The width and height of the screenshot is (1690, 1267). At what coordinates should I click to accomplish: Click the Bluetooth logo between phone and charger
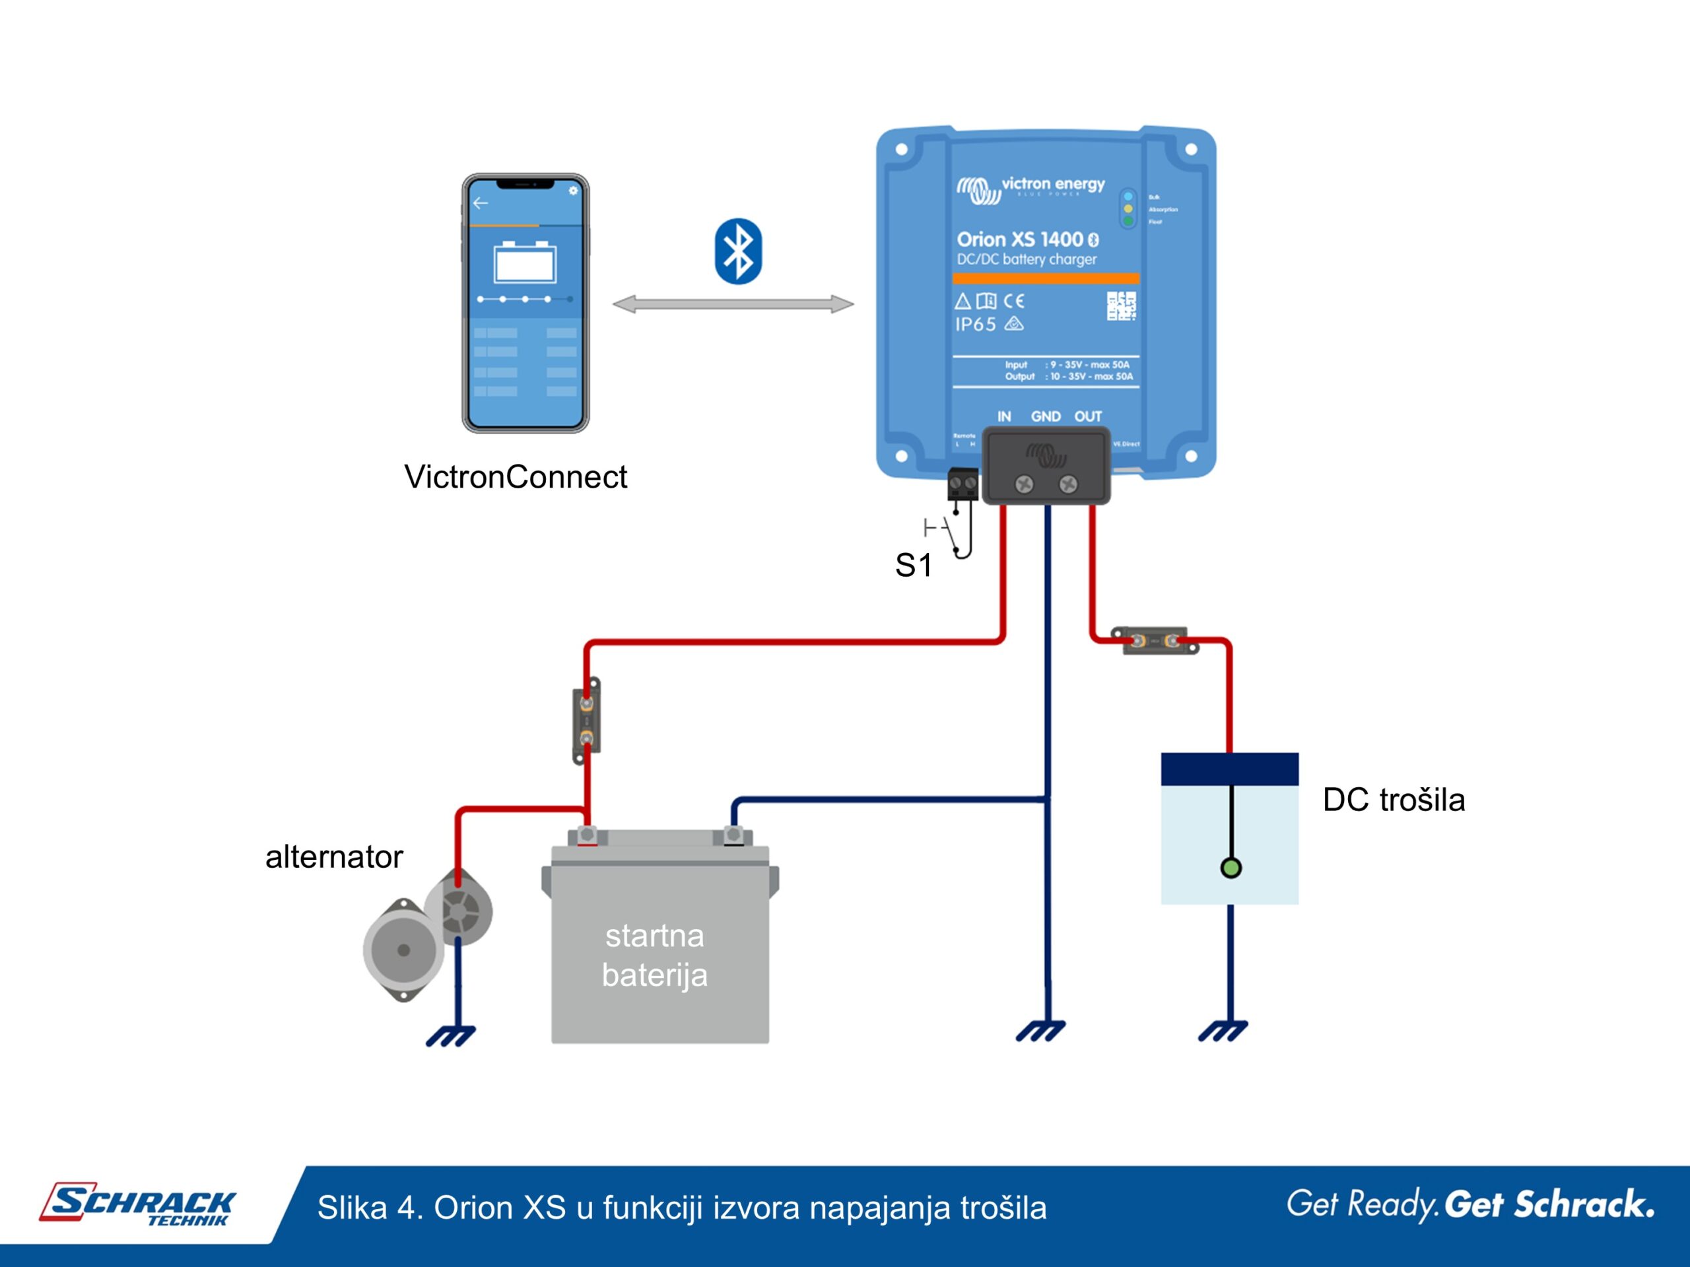738,251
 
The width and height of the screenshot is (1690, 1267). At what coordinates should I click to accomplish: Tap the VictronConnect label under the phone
515,477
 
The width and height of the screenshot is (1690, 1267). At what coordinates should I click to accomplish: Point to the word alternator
334,857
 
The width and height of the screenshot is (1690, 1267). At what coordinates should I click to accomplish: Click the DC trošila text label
1394,800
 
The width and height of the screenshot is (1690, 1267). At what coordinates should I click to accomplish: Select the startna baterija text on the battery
655,956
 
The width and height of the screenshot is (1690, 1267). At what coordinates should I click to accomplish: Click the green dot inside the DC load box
1231,868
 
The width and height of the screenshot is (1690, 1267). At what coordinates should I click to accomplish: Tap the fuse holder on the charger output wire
1155,641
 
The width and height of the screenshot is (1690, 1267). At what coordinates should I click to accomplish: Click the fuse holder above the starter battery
586,720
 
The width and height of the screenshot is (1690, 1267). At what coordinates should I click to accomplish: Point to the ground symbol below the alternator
451,1035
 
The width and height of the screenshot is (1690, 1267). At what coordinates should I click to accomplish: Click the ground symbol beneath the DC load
1223,1031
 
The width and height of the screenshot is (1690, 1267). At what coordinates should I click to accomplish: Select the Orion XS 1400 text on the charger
1020,240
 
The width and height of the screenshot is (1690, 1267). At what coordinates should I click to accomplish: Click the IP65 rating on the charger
975,325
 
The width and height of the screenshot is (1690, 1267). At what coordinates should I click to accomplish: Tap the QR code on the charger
1121,306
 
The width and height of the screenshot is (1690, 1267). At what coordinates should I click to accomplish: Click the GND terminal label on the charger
1045,417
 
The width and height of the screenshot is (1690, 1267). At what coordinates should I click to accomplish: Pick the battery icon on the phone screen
525,262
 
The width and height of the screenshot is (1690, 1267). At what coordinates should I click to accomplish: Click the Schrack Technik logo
138,1205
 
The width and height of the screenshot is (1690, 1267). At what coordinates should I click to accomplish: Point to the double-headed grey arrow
733,305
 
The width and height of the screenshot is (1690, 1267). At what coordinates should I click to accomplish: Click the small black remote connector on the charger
962,484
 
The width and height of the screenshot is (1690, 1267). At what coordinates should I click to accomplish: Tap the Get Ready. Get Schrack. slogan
1470,1204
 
